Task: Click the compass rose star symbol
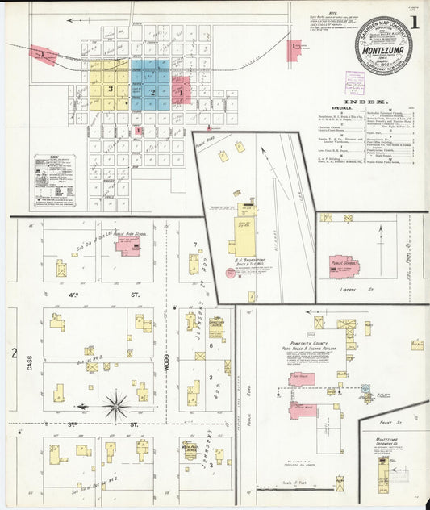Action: [117, 404]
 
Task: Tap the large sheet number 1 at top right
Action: [413, 24]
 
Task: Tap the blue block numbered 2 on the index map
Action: [152, 91]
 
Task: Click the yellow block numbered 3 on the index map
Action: [110, 88]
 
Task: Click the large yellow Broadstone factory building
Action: [243, 235]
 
